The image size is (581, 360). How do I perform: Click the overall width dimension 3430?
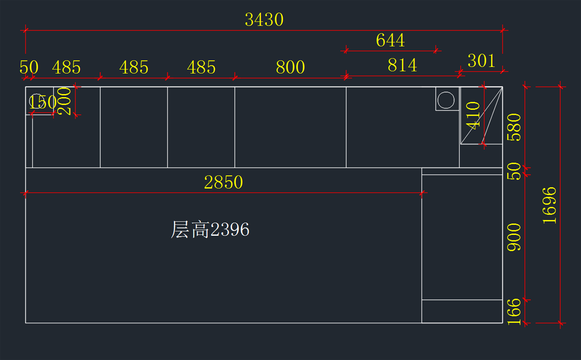264,20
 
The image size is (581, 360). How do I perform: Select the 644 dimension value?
390,40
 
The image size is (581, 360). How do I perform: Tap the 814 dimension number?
402,65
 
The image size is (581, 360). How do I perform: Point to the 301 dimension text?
481,61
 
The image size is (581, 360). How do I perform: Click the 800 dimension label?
290,67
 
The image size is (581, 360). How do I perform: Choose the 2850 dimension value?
223,183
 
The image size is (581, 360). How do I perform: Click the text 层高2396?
210,230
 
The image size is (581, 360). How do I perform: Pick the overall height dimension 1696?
550,205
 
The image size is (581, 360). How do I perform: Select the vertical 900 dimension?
514,237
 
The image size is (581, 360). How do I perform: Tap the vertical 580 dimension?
514,127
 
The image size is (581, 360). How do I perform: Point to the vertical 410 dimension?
473,115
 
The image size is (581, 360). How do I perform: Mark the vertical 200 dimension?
64,101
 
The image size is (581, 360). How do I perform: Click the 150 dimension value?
43,103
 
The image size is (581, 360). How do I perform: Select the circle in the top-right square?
446,100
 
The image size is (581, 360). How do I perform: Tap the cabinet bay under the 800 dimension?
290,127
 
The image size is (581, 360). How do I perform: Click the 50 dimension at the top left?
29,67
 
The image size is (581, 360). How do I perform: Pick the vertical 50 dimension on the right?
514,171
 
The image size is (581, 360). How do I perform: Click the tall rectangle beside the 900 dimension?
461,237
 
